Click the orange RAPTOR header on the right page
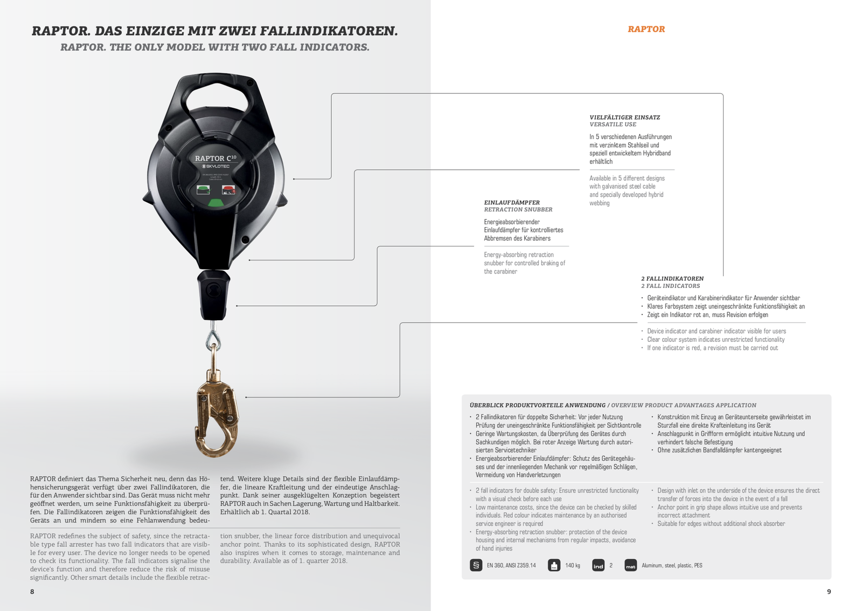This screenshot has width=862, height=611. click(x=646, y=29)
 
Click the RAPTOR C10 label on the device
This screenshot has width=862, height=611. click(x=215, y=158)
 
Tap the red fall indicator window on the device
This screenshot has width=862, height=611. click(x=228, y=189)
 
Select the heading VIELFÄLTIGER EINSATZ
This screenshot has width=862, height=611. click(x=624, y=117)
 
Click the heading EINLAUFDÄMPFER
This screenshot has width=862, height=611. click(x=512, y=202)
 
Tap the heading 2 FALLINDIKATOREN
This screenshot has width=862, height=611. click(x=672, y=279)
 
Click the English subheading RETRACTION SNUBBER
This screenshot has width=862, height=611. click(x=518, y=210)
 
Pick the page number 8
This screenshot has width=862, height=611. click(x=32, y=592)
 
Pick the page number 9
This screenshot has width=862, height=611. click(x=829, y=592)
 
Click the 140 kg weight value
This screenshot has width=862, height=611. click(x=572, y=566)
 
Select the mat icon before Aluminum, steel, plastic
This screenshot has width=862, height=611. click(x=630, y=566)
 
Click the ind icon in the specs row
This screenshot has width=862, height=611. click(x=598, y=566)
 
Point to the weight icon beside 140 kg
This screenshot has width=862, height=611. click(x=554, y=566)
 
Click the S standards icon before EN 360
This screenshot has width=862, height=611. click(x=476, y=566)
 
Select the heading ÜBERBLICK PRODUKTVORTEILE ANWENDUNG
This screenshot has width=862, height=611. click(x=537, y=405)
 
